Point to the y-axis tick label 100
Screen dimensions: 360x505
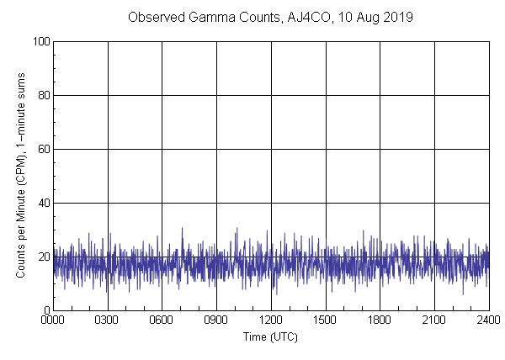click(40, 41)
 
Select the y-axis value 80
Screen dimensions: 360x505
click(43, 95)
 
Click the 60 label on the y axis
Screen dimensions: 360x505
click(43, 149)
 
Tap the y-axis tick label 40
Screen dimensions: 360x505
click(43, 203)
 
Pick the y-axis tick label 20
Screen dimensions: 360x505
click(43, 257)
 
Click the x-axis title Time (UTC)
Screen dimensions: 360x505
click(270, 336)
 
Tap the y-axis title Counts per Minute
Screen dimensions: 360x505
click(19, 201)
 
